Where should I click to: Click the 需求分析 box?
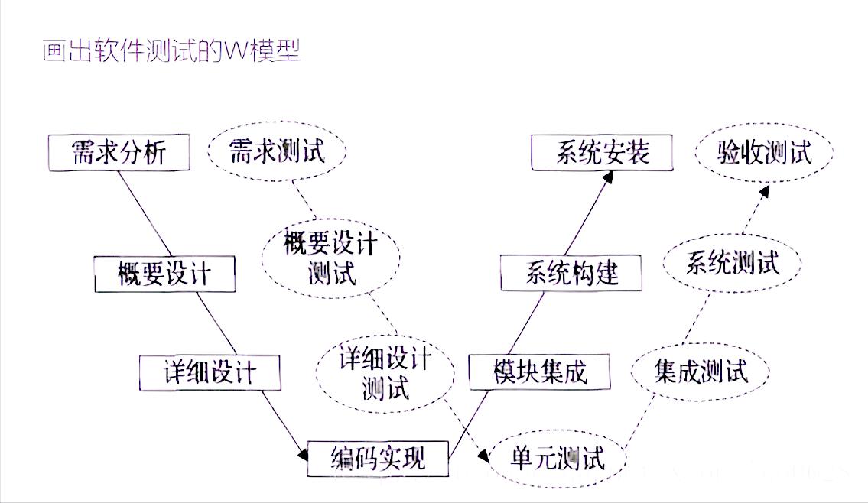(x=118, y=154)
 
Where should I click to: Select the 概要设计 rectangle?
(x=164, y=274)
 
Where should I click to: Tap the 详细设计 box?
(x=210, y=373)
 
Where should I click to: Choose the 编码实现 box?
(x=378, y=459)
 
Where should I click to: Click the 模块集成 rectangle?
(x=539, y=372)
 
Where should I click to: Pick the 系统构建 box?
(x=571, y=273)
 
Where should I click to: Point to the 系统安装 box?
(x=602, y=153)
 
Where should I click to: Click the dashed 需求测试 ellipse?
(x=277, y=151)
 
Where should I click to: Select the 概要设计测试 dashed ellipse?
(x=330, y=257)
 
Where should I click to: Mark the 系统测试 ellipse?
(x=732, y=264)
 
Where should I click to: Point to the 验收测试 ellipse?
(x=764, y=152)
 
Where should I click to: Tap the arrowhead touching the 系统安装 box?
(x=608, y=177)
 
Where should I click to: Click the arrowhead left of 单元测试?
(x=483, y=456)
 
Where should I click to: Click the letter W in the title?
(x=234, y=52)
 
